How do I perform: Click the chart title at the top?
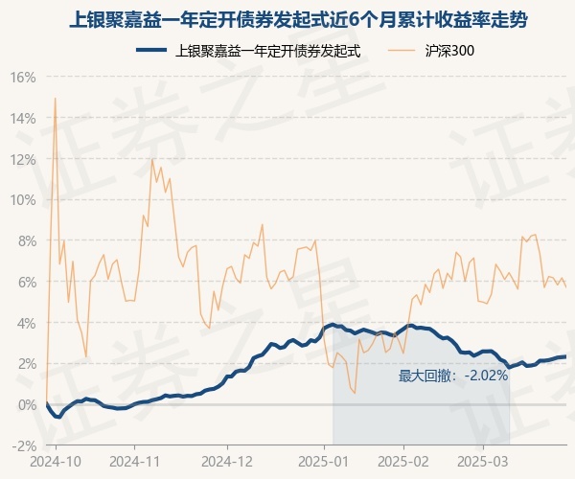point(287,19)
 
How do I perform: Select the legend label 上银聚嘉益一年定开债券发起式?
point(269,51)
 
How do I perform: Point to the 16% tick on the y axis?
point(23,77)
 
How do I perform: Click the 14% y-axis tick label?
point(23,118)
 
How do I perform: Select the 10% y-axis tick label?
point(23,200)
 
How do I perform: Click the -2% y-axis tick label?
point(23,445)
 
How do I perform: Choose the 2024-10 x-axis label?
point(57,460)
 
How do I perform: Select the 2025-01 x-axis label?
point(323,460)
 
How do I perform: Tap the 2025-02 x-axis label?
point(404,460)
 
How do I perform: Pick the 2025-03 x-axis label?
point(485,460)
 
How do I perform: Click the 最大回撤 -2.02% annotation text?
point(453,376)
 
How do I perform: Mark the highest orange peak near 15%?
point(55,98)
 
